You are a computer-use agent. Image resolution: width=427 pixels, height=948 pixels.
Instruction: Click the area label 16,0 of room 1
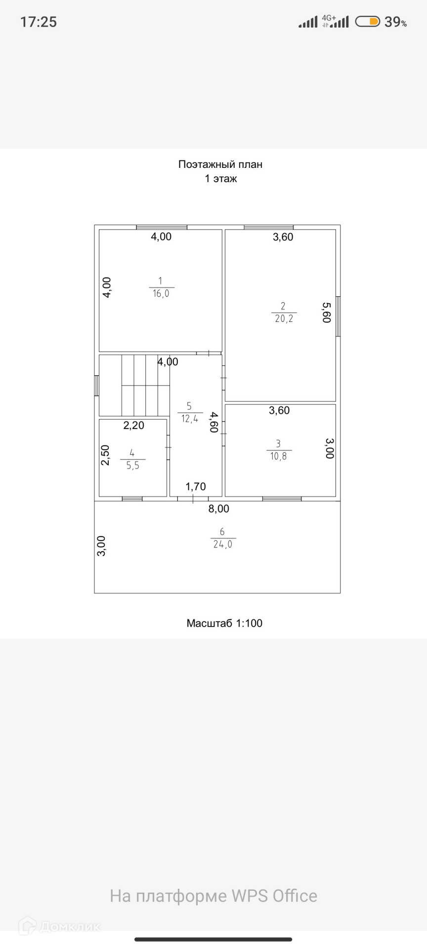click(161, 293)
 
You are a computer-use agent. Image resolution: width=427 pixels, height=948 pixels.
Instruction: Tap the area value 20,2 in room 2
click(284, 318)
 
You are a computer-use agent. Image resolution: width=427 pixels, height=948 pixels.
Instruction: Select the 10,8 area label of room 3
click(279, 456)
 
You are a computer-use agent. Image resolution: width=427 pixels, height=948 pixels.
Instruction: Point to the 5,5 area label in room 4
click(132, 465)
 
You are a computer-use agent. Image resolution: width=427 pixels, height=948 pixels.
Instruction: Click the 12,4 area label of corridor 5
click(190, 419)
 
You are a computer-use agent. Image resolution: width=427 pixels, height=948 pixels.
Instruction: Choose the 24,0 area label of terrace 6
click(222, 544)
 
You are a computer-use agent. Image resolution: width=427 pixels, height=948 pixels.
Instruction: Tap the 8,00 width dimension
click(218, 509)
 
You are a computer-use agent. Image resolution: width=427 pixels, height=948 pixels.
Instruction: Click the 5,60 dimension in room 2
click(326, 313)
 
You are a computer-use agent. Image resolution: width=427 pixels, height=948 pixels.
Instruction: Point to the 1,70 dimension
click(196, 487)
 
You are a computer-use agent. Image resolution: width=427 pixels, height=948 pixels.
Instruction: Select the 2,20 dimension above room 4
click(133, 425)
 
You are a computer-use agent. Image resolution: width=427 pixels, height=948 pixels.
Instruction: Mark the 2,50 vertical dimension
click(105, 455)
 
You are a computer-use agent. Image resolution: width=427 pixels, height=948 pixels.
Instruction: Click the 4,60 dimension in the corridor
click(214, 422)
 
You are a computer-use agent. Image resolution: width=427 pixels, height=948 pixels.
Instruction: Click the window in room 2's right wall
click(338, 316)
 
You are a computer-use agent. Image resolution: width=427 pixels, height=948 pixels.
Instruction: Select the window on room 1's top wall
click(162, 228)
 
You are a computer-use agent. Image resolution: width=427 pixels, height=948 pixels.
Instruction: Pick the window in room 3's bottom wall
click(282, 499)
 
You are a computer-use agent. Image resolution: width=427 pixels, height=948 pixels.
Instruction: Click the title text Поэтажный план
click(220, 164)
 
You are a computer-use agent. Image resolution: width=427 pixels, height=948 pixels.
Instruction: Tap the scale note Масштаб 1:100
click(224, 623)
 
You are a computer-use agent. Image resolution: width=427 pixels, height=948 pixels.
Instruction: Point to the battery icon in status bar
click(367, 21)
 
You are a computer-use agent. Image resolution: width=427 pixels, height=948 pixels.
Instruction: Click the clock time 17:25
click(39, 22)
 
